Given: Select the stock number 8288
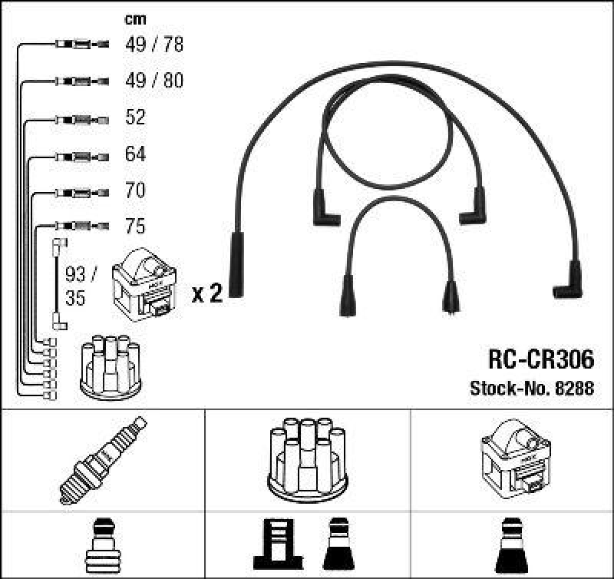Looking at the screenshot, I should (x=531, y=389).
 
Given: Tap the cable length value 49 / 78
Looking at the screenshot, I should (x=154, y=45).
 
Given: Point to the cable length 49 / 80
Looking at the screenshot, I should (x=154, y=81).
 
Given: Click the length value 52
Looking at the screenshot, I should (x=135, y=117).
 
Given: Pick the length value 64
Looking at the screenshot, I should (x=135, y=154).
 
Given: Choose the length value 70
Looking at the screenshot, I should (x=135, y=190).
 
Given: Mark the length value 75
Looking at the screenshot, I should (x=135, y=227).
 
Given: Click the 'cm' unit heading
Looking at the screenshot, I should (x=135, y=19).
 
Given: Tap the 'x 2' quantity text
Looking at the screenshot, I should (x=206, y=293).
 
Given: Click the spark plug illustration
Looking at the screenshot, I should (x=102, y=460).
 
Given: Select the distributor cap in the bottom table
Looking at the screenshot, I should (x=307, y=457).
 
